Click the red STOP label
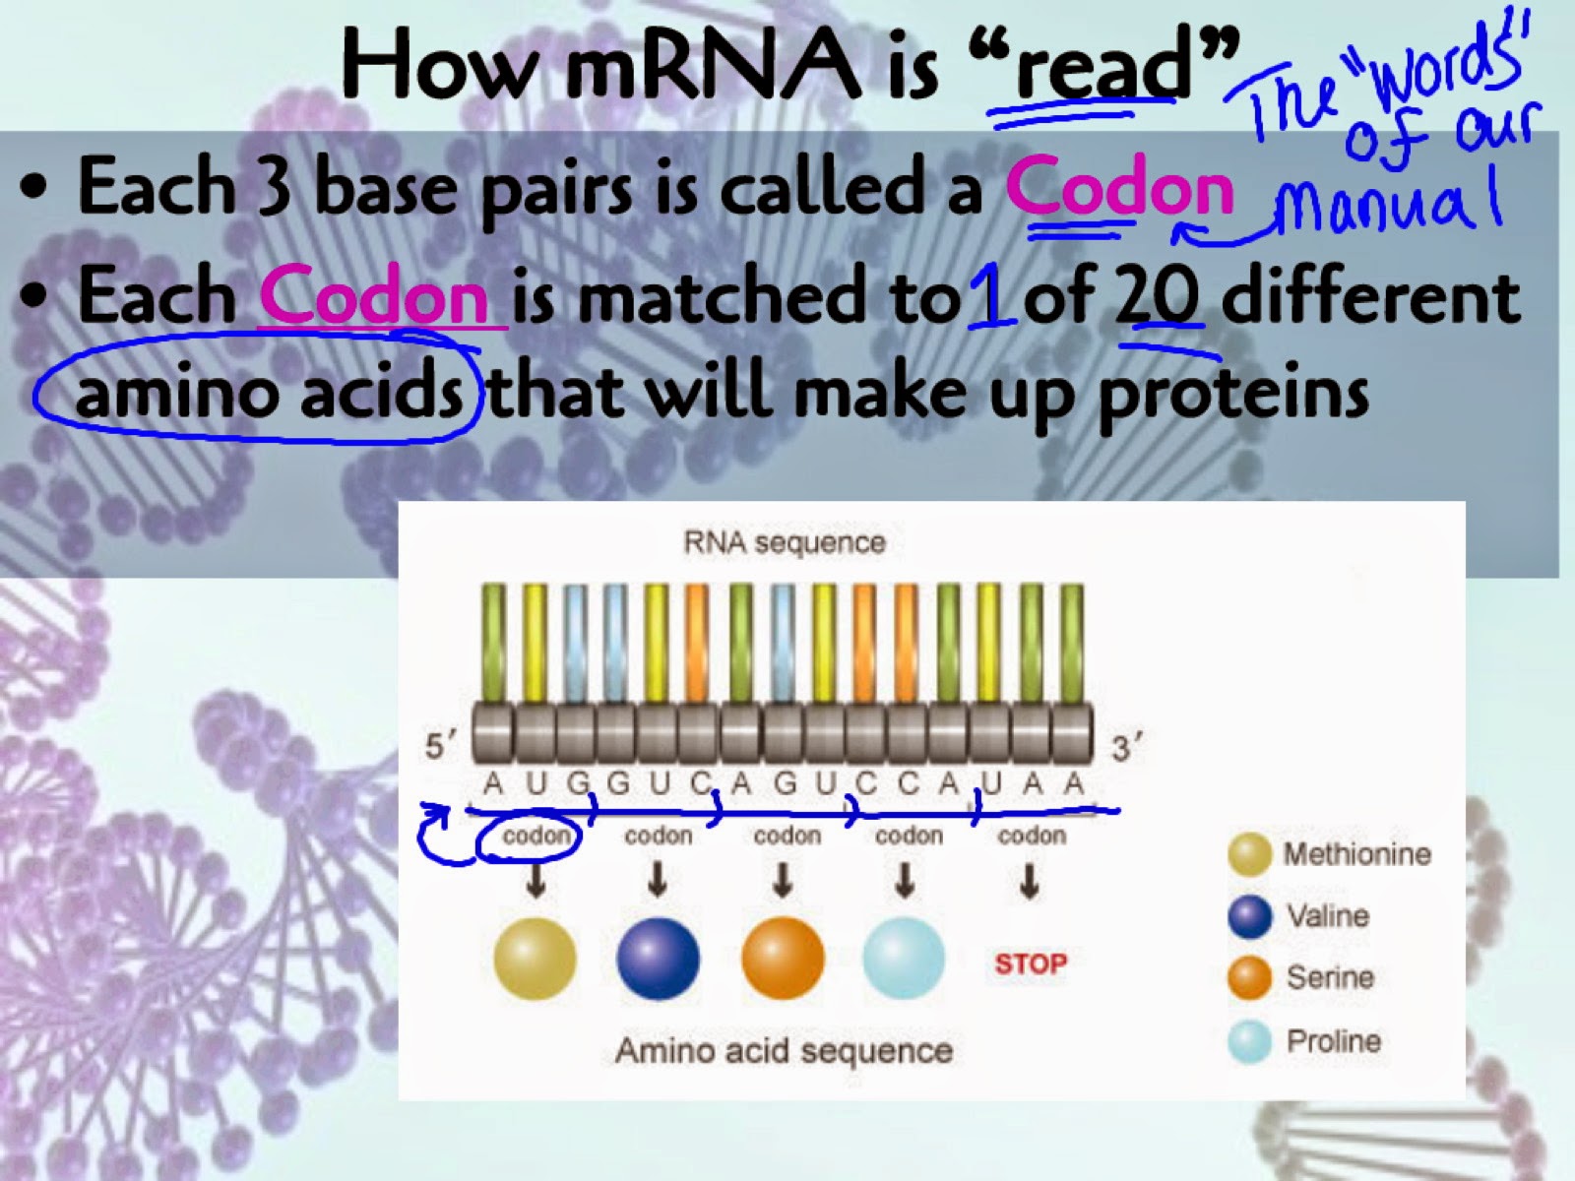(1031, 963)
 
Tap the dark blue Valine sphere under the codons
(658, 959)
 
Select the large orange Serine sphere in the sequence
(783, 959)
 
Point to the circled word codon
(536, 836)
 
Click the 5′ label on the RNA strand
(440, 746)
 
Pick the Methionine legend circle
(1249, 854)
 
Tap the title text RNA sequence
(785, 543)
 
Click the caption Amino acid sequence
(784, 1051)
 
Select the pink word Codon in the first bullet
(1118, 188)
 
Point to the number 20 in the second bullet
(1157, 295)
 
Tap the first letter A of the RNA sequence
(492, 783)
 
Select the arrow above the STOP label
(1029, 881)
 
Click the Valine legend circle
(1249, 916)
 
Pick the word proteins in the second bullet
(1231, 393)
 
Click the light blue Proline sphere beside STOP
(904, 959)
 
